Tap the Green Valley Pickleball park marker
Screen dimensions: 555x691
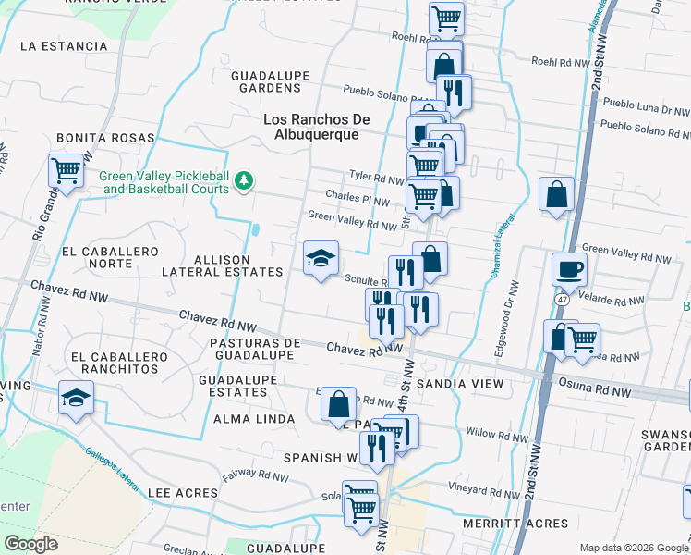tap(244, 180)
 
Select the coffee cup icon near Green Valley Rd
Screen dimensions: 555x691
tap(569, 270)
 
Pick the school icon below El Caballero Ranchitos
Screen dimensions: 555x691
tap(76, 399)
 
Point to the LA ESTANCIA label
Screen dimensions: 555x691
tap(64, 45)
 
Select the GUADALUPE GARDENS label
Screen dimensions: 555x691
tap(266, 81)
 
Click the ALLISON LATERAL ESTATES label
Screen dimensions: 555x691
tap(222, 266)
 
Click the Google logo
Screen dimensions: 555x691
tap(30, 543)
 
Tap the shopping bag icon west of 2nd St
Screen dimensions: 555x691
tap(557, 195)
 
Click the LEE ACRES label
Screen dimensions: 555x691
tap(184, 494)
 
